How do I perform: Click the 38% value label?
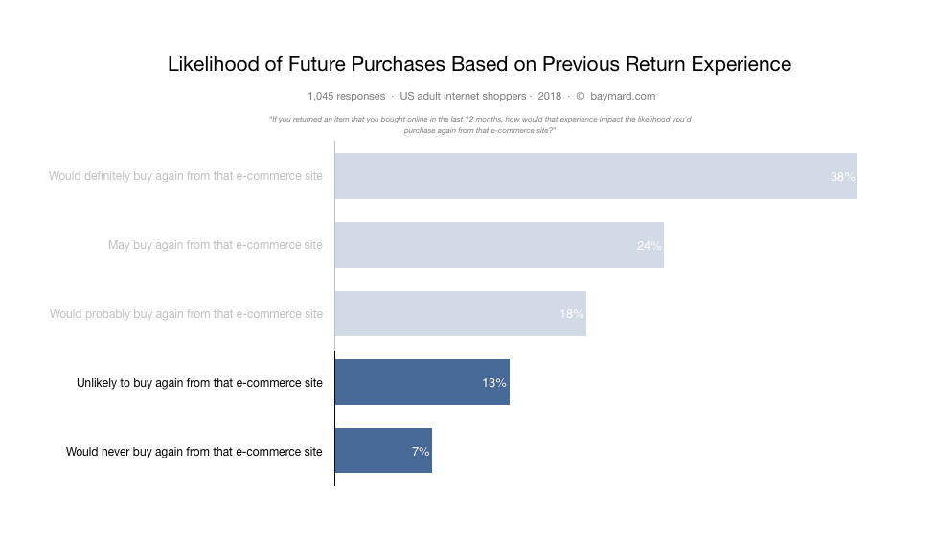(x=842, y=177)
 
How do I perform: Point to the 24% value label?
(x=649, y=246)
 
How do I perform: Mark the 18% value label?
(x=572, y=314)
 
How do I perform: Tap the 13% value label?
(x=494, y=383)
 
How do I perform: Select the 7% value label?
(x=421, y=451)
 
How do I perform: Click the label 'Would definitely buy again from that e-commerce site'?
(x=186, y=176)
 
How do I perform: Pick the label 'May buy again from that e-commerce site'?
(x=216, y=245)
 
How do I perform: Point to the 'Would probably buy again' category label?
(x=186, y=314)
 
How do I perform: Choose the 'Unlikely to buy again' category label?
(x=199, y=383)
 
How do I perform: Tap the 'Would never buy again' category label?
(x=194, y=451)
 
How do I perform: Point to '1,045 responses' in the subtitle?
(x=347, y=96)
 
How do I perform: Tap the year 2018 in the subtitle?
(x=550, y=96)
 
